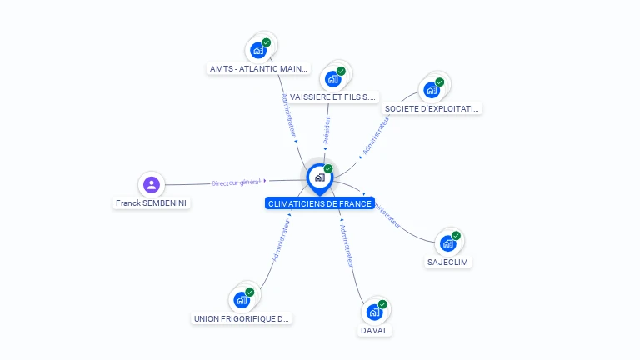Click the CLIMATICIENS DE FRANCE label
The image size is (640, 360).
(x=319, y=203)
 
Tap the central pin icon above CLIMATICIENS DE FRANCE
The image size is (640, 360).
(x=319, y=177)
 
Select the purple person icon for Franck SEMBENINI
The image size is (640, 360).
(x=151, y=184)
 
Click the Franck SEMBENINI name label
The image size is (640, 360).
(x=152, y=202)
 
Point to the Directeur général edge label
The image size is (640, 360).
(x=236, y=182)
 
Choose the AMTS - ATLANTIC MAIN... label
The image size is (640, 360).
(x=259, y=69)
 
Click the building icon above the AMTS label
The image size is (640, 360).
(x=258, y=50)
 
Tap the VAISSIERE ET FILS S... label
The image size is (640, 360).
(x=333, y=97)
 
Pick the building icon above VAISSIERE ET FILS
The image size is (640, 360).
(x=333, y=79)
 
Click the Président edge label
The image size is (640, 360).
(x=327, y=130)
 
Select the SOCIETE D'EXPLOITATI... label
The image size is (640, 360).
(x=432, y=108)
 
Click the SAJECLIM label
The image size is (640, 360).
(x=448, y=262)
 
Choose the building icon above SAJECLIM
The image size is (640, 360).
(x=447, y=243)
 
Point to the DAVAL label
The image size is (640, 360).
(x=374, y=330)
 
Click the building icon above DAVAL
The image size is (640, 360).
(x=374, y=312)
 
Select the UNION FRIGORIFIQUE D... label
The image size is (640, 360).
(x=242, y=318)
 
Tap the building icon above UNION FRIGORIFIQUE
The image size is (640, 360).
(x=242, y=300)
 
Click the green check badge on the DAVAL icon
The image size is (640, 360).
(x=382, y=304)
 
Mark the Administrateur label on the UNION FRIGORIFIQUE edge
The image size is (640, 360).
(x=280, y=242)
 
